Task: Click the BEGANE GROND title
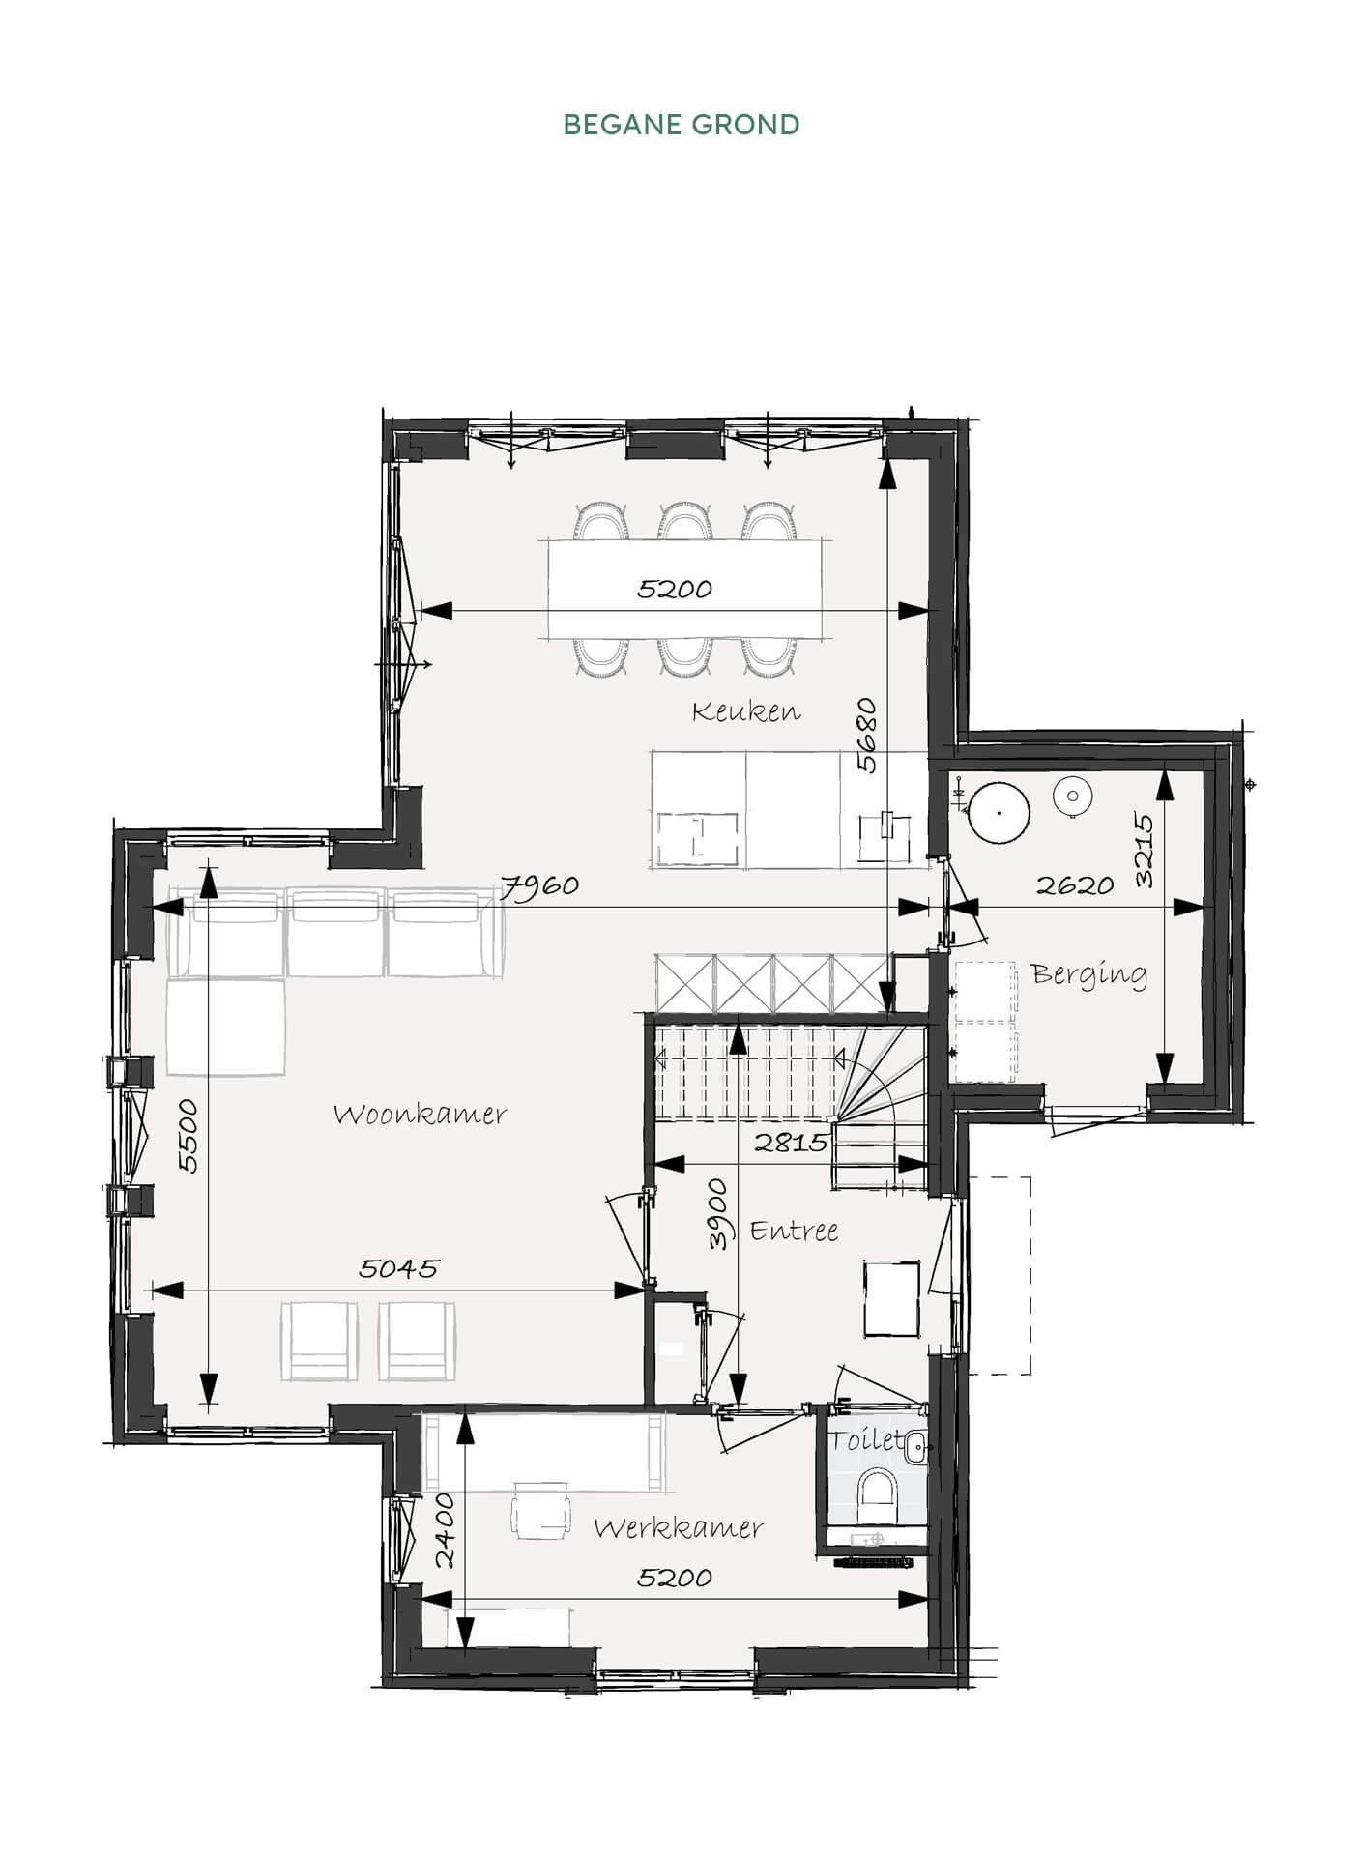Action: pyautogui.click(x=682, y=125)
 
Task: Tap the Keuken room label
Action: pyautogui.click(x=746, y=712)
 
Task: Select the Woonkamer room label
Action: pyautogui.click(x=421, y=1115)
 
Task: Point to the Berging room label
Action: pyautogui.click(x=1089, y=974)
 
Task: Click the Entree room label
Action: pyautogui.click(x=794, y=1231)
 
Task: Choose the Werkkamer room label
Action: pyautogui.click(x=679, y=1528)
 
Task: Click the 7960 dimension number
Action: pyautogui.click(x=539, y=885)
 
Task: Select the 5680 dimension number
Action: pyautogui.click(x=867, y=736)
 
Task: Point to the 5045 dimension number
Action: pyautogui.click(x=398, y=1268)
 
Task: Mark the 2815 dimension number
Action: pyautogui.click(x=791, y=1143)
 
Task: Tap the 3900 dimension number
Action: pyautogui.click(x=717, y=1214)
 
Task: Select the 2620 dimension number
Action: pyautogui.click(x=1075, y=885)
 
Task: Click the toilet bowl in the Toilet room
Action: pyautogui.click(x=879, y=1490)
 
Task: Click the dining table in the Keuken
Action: pyautogui.click(x=686, y=589)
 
